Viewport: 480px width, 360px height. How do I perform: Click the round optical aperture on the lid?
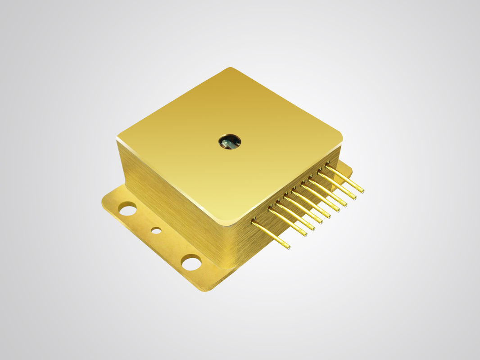pos(230,141)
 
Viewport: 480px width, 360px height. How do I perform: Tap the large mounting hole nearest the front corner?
pos(191,262)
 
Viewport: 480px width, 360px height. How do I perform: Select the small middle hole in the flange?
pos(156,230)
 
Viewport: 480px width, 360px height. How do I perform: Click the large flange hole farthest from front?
pos(127,209)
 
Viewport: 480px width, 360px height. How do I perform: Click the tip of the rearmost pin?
pos(362,191)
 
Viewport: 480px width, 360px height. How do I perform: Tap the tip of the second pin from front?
pos(305,234)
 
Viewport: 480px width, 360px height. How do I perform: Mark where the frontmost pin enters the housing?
pos(254,222)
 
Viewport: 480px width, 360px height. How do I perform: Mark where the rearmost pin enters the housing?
pos(327,167)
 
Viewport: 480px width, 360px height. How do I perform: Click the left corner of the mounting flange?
pos(103,202)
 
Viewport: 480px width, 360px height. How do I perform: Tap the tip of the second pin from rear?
pos(354,197)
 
